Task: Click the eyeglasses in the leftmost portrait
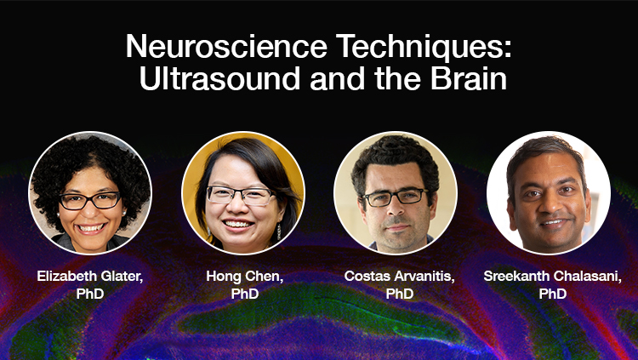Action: point(89,201)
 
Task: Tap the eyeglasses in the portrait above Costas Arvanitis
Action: point(395,197)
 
